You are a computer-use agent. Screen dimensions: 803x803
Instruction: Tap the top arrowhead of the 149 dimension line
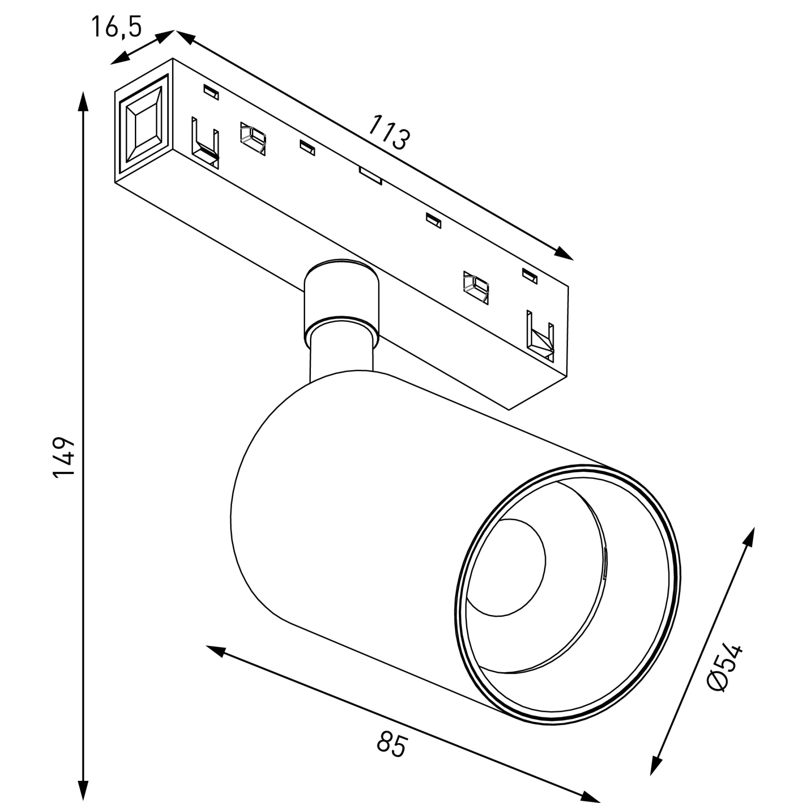pyautogui.click(x=84, y=102)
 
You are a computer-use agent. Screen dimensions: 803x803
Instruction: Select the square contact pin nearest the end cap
pyautogui.click(x=253, y=139)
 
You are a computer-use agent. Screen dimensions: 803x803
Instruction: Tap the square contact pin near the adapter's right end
pyautogui.click(x=476, y=287)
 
